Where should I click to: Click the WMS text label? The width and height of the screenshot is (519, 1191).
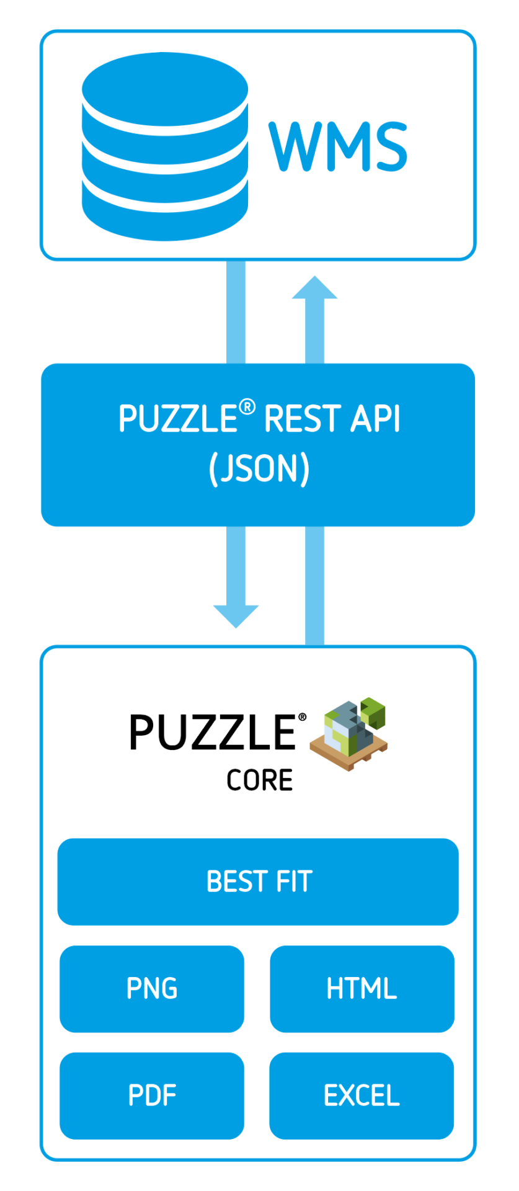click(338, 146)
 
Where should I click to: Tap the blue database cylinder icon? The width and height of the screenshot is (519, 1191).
click(165, 146)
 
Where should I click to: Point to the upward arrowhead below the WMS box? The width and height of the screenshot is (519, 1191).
click(314, 288)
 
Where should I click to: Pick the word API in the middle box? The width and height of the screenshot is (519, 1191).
click(375, 419)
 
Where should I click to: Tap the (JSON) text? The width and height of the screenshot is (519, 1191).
click(259, 468)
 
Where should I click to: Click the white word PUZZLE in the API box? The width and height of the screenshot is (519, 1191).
click(178, 419)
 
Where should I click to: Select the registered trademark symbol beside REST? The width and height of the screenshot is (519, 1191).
click(247, 407)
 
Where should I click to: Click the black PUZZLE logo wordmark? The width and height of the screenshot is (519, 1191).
click(213, 733)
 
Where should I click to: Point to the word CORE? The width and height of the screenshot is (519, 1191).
click(259, 780)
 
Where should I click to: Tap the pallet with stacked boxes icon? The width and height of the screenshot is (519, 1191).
click(348, 733)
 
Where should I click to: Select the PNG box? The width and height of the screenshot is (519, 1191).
click(152, 989)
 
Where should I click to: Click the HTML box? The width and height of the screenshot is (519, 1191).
click(362, 989)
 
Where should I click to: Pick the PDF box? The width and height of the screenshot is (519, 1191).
click(152, 1095)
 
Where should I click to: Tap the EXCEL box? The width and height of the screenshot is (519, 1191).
click(362, 1095)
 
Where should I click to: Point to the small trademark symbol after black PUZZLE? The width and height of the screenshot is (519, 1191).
click(302, 717)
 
